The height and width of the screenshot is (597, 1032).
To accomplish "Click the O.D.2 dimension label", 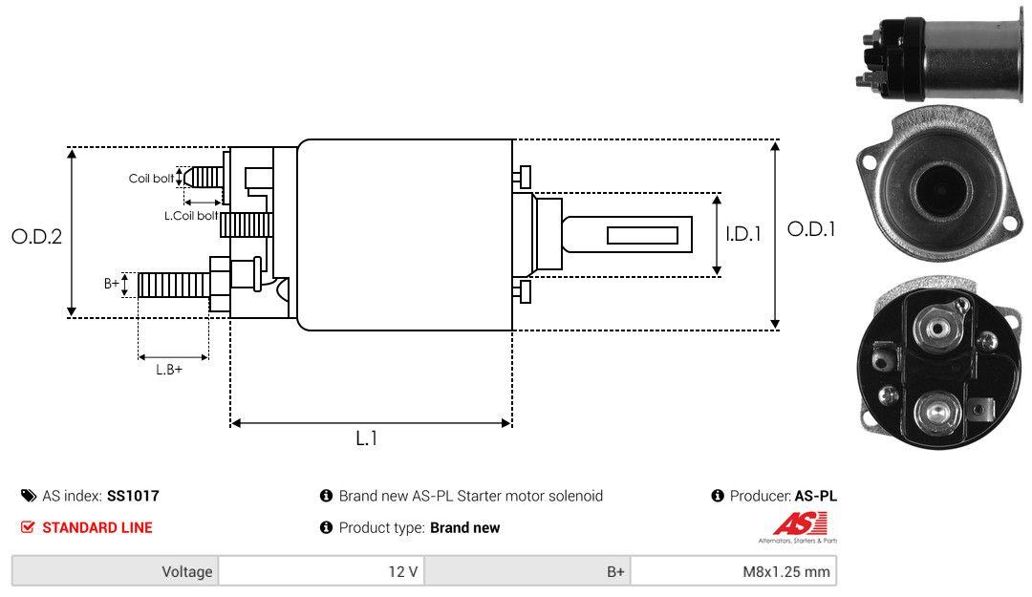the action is pyautogui.click(x=37, y=236).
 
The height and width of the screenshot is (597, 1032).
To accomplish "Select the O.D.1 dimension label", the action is pyautogui.click(x=811, y=229).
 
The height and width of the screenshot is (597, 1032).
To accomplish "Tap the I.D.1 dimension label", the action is pyautogui.click(x=743, y=234).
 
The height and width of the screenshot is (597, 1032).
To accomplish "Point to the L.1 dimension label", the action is pyautogui.click(x=367, y=438).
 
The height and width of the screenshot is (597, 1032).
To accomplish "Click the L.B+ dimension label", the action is pyautogui.click(x=169, y=370).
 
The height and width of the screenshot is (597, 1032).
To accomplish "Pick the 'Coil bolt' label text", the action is pyautogui.click(x=151, y=179).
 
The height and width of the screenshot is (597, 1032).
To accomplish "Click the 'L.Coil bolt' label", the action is pyautogui.click(x=191, y=215).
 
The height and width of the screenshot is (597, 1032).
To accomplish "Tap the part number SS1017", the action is pyautogui.click(x=133, y=496).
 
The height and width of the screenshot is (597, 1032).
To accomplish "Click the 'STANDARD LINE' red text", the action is pyautogui.click(x=97, y=527).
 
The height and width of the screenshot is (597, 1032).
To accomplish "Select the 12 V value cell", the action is pyautogui.click(x=322, y=571).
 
